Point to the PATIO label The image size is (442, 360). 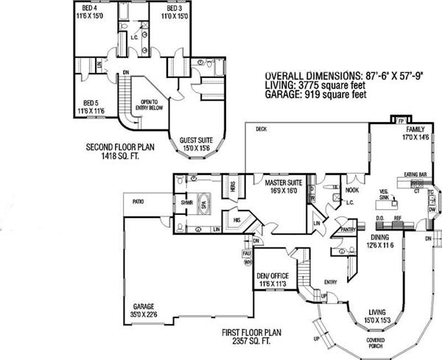(x=138, y=200)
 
